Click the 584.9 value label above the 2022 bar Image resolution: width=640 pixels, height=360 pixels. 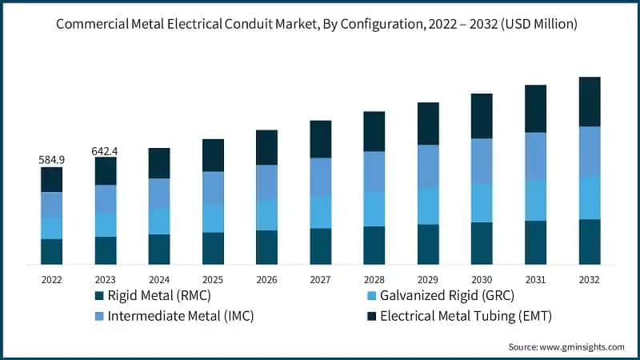click(x=52, y=160)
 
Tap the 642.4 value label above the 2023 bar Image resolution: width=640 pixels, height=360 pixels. click(x=106, y=150)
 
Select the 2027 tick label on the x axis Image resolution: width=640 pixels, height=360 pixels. click(x=320, y=280)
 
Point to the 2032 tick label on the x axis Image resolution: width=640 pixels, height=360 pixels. click(x=589, y=280)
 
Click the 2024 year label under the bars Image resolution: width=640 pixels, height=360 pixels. click(x=159, y=280)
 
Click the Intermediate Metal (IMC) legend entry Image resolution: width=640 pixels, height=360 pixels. click(x=180, y=316)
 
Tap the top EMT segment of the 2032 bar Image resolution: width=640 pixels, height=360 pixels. click(x=589, y=102)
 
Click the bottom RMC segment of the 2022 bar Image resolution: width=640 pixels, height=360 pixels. click(x=52, y=251)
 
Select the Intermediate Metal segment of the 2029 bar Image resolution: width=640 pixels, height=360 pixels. click(x=428, y=166)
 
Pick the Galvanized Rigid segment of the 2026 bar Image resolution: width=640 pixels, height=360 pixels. click(x=266, y=214)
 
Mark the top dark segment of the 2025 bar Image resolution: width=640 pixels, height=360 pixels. click(x=213, y=155)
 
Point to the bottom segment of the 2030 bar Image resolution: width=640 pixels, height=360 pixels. click(x=482, y=243)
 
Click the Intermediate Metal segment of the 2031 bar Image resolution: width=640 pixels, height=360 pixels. click(x=535, y=156)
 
